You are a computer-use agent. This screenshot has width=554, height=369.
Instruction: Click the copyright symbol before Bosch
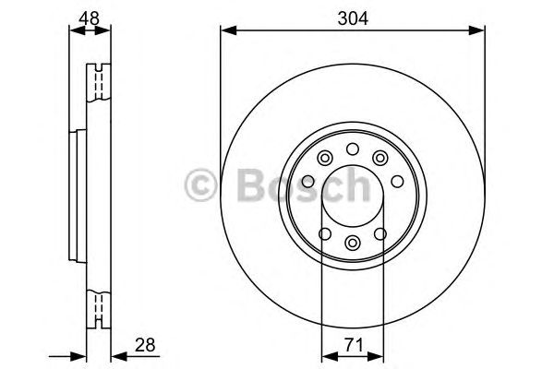[200, 185]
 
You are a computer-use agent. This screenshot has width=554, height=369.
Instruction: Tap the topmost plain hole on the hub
[352, 150]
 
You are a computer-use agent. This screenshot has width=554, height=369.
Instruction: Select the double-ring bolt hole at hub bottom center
[352, 243]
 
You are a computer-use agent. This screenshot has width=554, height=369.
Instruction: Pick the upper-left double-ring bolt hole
[323, 159]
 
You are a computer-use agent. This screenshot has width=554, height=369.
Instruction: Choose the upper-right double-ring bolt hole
[380, 159]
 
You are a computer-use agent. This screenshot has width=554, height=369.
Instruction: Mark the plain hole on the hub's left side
[309, 182]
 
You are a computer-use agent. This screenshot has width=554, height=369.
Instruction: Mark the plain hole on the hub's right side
[394, 182]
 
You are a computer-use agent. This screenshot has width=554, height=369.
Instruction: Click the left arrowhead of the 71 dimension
[325, 354]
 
